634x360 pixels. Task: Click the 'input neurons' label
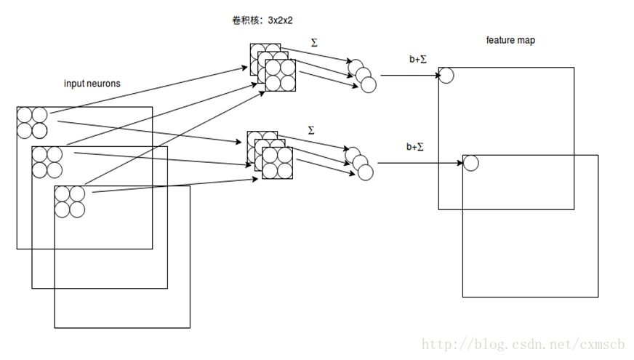(x=92, y=84)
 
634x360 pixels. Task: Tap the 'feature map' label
(x=510, y=40)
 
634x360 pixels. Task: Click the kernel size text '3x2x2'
(x=280, y=20)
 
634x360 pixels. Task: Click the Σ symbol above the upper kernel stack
(x=314, y=42)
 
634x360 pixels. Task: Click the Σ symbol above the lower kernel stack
(x=311, y=130)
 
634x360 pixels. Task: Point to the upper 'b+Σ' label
(x=418, y=59)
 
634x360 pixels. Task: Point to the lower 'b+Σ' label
(x=415, y=146)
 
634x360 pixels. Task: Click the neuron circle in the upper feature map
(x=446, y=76)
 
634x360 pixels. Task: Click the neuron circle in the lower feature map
(x=470, y=163)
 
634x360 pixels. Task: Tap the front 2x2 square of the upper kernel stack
(x=280, y=76)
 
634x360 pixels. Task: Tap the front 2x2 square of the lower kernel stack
(x=278, y=163)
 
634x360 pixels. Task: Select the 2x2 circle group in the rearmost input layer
(x=32, y=123)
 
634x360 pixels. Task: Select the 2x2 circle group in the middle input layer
(x=47, y=163)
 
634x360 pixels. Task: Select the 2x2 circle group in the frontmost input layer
(x=70, y=202)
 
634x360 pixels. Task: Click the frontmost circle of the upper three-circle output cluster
(x=369, y=85)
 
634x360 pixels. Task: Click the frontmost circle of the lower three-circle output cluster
(x=366, y=172)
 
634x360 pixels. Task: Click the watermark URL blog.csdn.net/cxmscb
(x=523, y=344)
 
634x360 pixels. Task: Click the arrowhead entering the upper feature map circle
(x=438, y=75)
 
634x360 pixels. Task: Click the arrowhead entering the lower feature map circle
(x=460, y=163)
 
